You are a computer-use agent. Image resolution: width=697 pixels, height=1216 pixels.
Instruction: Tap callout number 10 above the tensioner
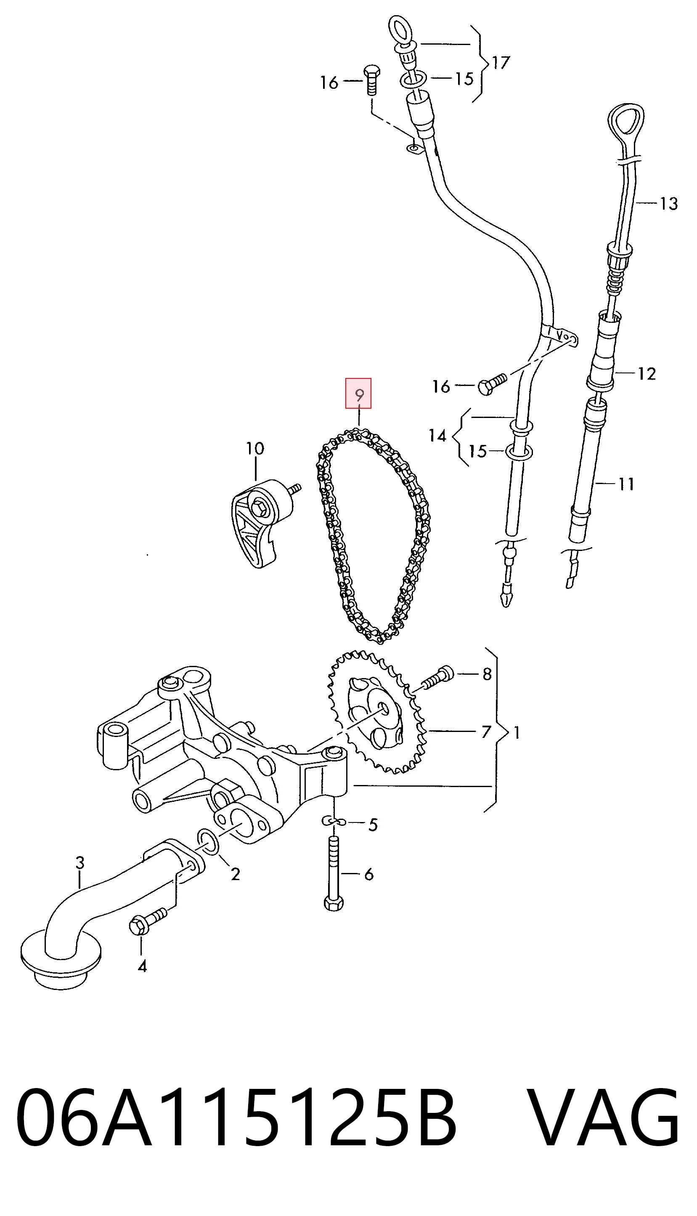[x=254, y=449]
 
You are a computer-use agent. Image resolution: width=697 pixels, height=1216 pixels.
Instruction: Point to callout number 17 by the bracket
[x=500, y=62]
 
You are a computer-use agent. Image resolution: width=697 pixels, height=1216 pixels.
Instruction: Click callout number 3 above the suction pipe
[x=80, y=862]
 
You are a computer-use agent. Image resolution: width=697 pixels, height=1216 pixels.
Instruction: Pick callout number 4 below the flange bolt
[x=142, y=966]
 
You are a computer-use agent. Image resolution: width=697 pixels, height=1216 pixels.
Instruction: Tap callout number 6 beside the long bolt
[x=368, y=875]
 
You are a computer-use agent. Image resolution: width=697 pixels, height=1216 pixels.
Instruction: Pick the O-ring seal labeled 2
[x=209, y=844]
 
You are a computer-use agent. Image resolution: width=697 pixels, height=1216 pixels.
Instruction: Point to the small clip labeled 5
[x=333, y=822]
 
